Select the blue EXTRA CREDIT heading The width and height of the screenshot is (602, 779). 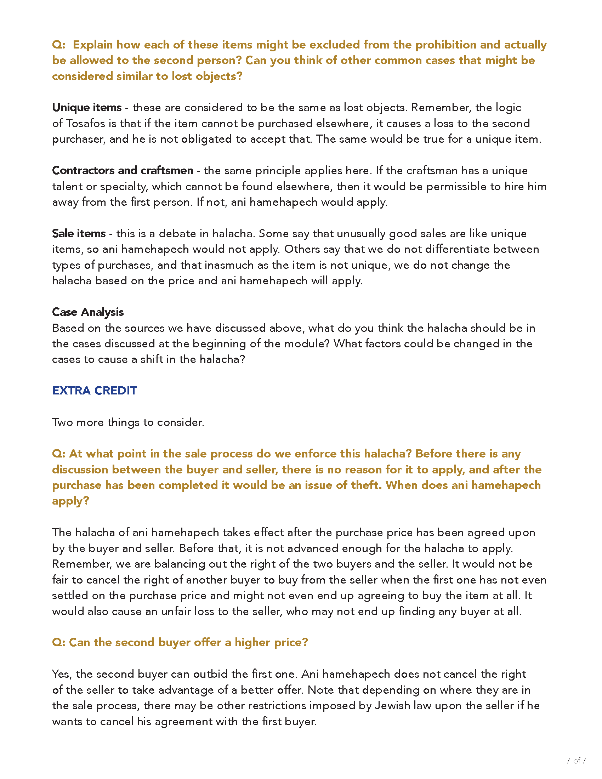click(95, 391)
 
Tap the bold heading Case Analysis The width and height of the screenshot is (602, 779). click(88, 312)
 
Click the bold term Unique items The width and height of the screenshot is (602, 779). click(87, 107)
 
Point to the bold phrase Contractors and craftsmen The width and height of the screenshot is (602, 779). click(122, 171)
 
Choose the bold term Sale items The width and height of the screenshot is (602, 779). click(79, 233)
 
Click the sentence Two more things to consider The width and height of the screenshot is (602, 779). click(128, 422)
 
